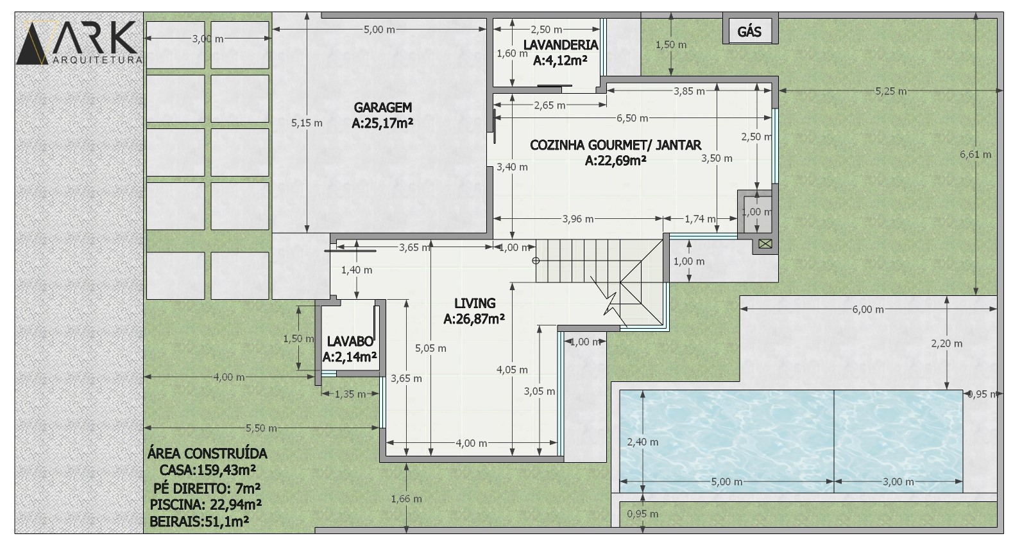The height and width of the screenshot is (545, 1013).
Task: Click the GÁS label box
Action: point(750,31)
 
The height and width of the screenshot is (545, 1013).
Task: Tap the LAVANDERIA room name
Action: point(561,45)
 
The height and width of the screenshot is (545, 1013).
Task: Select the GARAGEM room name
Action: point(382,107)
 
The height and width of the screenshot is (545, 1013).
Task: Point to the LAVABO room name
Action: point(350,342)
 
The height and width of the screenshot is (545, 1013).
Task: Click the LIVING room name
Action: point(475,303)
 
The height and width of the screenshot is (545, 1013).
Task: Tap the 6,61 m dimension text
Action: point(975,154)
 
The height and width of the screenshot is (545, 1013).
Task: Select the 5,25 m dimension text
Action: point(890,91)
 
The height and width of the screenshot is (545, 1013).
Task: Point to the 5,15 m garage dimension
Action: point(307,123)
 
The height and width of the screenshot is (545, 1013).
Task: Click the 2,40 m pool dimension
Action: point(643,442)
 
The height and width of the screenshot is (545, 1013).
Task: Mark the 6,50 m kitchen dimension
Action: point(632,118)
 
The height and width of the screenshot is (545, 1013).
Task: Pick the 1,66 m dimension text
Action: point(406,499)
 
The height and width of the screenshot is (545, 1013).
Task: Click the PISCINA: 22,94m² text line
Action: point(206,505)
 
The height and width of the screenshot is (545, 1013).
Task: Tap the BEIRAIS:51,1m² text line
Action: point(200,521)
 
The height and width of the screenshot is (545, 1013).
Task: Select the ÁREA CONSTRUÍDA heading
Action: point(207,454)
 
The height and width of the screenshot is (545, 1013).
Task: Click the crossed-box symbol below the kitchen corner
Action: point(765,244)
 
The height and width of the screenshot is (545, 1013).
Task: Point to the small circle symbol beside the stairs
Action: point(536,261)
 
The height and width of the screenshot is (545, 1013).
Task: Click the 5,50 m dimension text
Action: point(261,428)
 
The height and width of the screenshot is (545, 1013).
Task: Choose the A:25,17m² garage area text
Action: point(382,123)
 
